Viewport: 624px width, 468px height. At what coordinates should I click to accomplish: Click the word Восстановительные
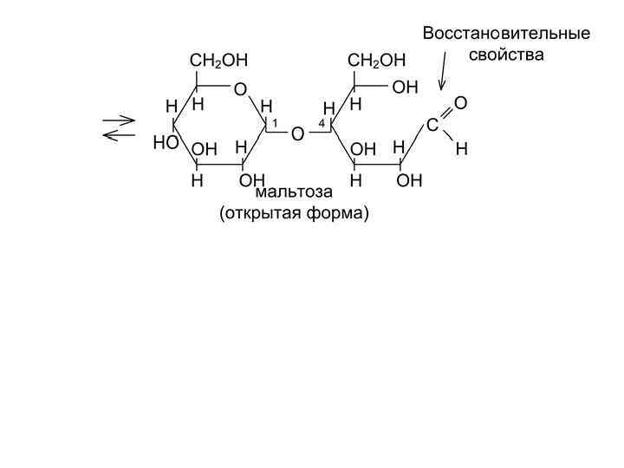tap(506, 34)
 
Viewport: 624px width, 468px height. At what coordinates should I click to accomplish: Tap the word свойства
tap(506, 55)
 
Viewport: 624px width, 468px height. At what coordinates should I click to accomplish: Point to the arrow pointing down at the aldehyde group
tap(444, 70)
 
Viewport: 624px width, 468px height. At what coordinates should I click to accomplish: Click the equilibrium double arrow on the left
tap(119, 127)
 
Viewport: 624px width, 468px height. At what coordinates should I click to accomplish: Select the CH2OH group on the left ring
tap(218, 61)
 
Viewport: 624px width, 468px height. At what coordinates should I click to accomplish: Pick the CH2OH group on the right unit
tap(376, 61)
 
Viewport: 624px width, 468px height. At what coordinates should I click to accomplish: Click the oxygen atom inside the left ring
tap(240, 88)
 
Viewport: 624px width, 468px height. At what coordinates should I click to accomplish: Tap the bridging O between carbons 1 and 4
tap(297, 134)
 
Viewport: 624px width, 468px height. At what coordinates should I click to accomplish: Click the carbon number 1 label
tap(274, 124)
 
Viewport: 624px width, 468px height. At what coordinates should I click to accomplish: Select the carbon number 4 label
tap(322, 124)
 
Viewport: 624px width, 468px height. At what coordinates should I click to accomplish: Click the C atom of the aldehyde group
tap(432, 127)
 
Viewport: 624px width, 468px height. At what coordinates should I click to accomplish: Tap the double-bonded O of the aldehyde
tap(460, 104)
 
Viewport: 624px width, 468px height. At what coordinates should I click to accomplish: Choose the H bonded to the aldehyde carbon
tap(461, 149)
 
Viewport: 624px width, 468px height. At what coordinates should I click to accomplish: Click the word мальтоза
tap(294, 192)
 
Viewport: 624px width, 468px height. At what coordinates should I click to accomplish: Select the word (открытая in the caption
tap(260, 213)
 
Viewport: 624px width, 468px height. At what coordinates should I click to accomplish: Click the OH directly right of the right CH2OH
tap(405, 88)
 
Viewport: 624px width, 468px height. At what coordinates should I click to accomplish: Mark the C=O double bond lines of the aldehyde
tap(445, 115)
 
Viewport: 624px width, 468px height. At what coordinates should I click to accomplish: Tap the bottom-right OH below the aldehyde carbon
tap(409, 181)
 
